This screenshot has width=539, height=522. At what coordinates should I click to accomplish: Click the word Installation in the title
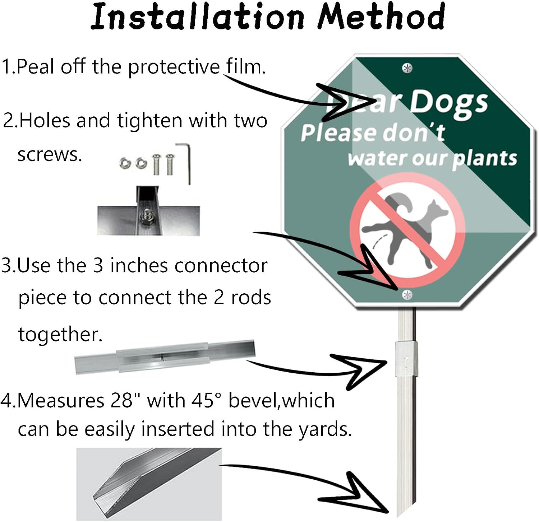[x=198, y=17]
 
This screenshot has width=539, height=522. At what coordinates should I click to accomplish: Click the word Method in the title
[x=381, y=17]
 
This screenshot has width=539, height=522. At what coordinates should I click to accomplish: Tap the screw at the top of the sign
[x=407, y=68]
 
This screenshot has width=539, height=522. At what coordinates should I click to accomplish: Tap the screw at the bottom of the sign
[x=407, y=295]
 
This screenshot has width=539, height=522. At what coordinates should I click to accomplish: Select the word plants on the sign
[x=484, y=159]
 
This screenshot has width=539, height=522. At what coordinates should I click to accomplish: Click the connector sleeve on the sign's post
[x=406, y=359]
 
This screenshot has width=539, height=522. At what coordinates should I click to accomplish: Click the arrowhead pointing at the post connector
[x=363, y=370]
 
